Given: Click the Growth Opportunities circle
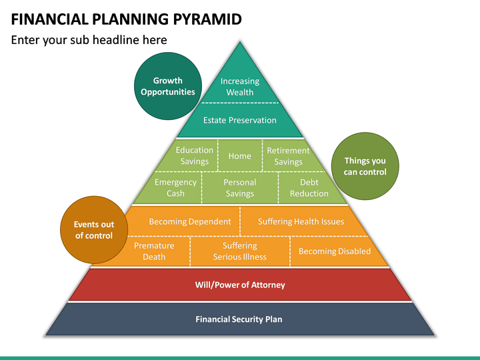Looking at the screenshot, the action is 168,86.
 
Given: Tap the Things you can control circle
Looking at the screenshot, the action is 365,166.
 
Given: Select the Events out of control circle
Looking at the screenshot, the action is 94,230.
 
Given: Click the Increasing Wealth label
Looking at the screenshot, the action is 240,87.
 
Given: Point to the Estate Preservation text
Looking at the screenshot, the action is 240,120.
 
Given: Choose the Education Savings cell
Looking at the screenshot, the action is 192,155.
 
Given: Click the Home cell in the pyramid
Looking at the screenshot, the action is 240,155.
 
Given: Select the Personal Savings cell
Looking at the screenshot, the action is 240,187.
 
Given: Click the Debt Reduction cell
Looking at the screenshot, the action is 309,187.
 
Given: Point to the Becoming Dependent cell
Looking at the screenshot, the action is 184,221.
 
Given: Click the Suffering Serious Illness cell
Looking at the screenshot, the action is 240,251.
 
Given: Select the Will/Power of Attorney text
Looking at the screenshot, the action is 240,285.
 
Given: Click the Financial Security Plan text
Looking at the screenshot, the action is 239,319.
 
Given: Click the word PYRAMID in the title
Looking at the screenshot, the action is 207,19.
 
